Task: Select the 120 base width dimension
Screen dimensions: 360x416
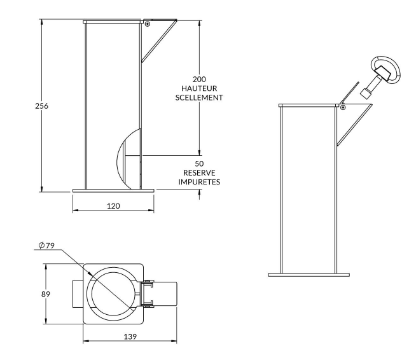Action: point(113,205)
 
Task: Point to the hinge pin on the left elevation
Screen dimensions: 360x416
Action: point(147,24)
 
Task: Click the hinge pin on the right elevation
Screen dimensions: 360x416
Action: point(342,107)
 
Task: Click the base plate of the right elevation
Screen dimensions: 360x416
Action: point(309,275)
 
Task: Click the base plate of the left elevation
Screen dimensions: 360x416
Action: point(113,189)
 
